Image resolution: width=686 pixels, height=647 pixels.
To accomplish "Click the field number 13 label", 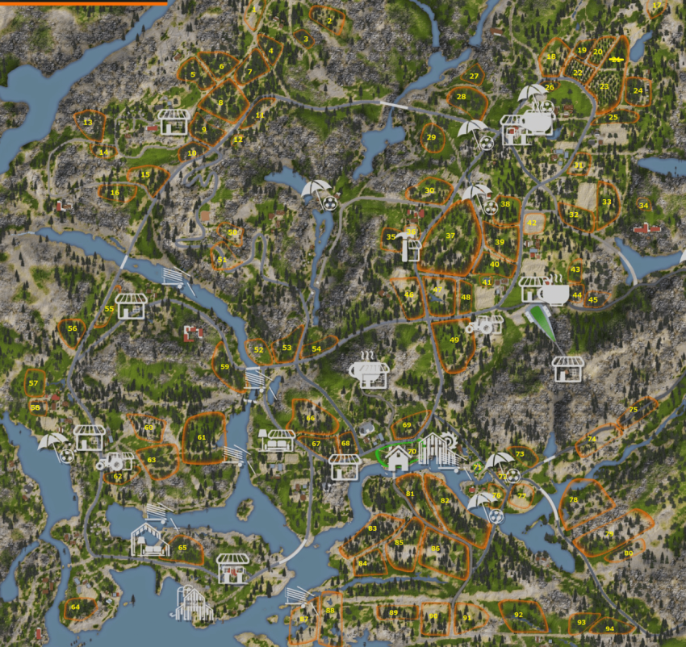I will tap(87, 123).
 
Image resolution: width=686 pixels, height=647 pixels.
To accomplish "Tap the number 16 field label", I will tap(115, 193).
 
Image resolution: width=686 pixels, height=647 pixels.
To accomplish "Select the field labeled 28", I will tap(461, 97).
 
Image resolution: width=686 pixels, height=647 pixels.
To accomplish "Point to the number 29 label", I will tap(431, 137).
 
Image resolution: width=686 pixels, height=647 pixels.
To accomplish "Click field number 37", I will tap(450, 236).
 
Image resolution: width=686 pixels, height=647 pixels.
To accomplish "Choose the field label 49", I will tap(454, 340).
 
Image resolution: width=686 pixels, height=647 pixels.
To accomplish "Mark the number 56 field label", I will tap(72, 328).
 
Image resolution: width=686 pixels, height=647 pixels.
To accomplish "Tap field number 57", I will tap(33, 383).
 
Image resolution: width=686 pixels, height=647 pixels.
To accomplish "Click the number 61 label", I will tap(202, 438).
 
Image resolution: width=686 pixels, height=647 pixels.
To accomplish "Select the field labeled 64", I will tap(75, 607).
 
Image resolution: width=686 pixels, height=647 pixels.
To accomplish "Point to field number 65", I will tap(182, 548).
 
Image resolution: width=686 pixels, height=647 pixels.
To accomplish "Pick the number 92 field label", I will tap(518, 615).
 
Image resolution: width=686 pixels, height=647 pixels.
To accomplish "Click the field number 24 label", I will tap(638, 91).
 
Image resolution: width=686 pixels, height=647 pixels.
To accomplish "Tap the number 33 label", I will tap(606, 202).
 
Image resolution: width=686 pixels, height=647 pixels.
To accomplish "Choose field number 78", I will tap(573, 500).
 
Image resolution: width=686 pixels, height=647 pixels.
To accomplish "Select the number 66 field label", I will tap(310, 418).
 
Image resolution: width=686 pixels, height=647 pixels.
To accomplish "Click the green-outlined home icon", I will tap(397, 458).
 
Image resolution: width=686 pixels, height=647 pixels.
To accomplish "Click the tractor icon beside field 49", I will tap(487, 325).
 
